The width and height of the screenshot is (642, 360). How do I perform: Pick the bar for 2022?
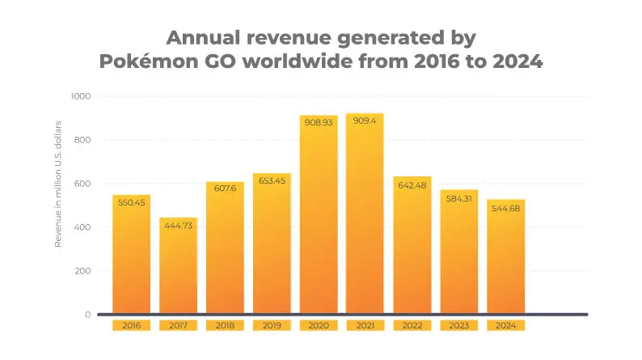[x=412, y=251]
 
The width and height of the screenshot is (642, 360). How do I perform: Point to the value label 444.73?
[x=178, y=226]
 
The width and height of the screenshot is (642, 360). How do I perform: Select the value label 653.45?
[x=272, y=180]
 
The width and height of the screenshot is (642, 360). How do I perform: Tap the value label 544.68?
[x=506, y=207]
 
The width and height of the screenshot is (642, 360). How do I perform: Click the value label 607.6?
[x=225, y=190]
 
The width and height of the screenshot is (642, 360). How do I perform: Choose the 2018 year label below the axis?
[x=225, y=326]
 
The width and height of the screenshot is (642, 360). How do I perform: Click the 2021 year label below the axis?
[x=365, y=326]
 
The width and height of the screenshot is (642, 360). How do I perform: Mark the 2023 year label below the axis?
[x=459, y=326]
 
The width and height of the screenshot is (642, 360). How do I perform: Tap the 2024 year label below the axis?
[x=506, y=326]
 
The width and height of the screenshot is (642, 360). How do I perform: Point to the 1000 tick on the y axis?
[x=81, y=96]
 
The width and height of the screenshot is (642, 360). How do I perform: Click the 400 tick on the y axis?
[x=83, y=227]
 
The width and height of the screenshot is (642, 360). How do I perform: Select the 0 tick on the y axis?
[x=87, y=314]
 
